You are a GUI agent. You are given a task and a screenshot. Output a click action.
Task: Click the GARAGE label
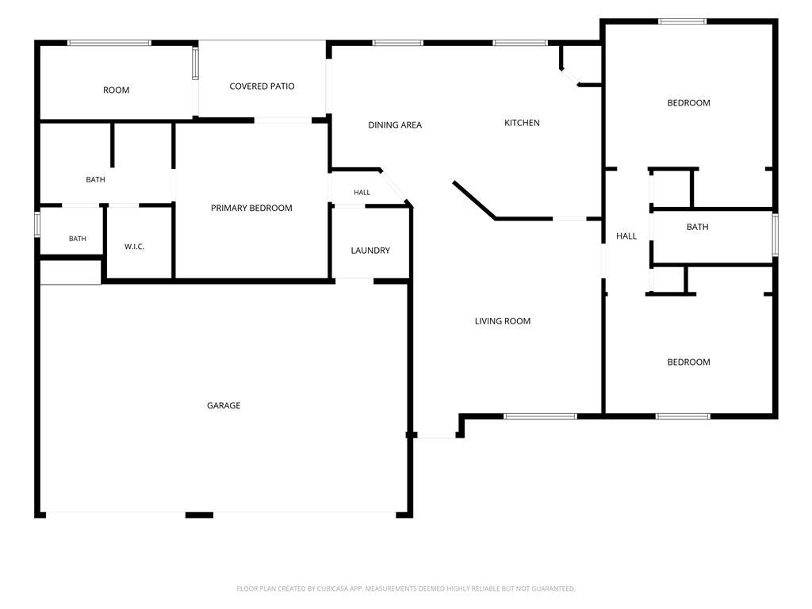224,405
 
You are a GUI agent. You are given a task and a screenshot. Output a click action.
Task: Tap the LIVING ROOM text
502,321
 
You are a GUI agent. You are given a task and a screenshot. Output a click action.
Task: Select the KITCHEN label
522,123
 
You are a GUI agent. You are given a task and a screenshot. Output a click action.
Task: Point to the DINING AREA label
395,124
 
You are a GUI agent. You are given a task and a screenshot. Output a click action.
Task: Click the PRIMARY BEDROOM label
251,209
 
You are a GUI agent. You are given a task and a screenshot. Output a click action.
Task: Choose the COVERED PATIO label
262,86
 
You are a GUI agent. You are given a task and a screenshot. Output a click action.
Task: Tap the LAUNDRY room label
370,251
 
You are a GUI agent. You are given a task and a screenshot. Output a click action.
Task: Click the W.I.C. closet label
134,247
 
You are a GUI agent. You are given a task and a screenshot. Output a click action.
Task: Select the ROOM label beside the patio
116,90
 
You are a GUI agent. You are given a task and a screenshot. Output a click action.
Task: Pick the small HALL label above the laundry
362,193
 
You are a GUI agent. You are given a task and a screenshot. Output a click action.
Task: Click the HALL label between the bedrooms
626,236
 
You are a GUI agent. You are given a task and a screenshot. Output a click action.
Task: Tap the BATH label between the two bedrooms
697,227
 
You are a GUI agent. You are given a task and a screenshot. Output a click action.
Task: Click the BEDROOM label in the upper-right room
688,103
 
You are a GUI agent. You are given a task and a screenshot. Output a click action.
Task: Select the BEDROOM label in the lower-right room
688,362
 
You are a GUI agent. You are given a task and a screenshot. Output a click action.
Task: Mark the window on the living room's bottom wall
540,416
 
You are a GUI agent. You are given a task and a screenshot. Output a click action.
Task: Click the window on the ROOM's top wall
109,43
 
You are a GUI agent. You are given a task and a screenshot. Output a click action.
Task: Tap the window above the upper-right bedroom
683,21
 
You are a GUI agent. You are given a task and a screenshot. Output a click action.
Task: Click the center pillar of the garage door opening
199,515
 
